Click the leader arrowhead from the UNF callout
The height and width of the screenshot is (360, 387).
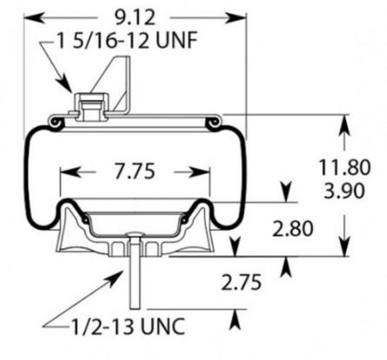coord(72,87)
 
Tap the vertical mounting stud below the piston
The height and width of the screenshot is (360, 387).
coord(137,278)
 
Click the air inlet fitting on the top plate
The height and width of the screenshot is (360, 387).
coord(90,105)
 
